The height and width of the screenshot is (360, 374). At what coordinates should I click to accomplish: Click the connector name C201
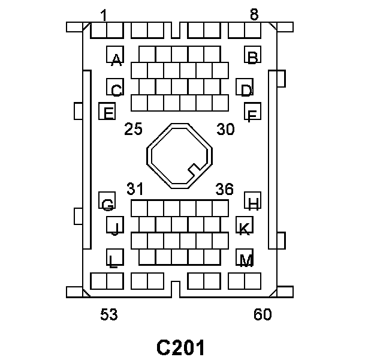pos(181,347)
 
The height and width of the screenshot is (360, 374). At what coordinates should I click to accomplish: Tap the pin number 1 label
pos(104,15)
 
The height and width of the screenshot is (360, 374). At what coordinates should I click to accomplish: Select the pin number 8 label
pos(254,15)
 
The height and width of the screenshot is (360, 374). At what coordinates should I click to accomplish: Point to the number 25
pos(133,129)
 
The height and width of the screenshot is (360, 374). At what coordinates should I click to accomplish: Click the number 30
pos(225,129)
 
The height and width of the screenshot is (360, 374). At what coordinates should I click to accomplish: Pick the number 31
pos(135,189)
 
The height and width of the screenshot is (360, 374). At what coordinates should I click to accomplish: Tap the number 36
pos(224,189)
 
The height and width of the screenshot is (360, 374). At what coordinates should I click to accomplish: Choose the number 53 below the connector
pos(109,314)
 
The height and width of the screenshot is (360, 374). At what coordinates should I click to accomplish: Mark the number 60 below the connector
pos(263,314)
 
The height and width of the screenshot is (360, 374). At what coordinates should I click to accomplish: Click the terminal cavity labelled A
pos(115,55)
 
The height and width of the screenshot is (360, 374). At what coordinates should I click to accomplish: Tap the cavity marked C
pos(115,88)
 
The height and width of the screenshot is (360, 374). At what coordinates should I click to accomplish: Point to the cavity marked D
pos(245,88)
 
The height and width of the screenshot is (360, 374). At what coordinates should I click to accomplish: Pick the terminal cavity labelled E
pos(107,111)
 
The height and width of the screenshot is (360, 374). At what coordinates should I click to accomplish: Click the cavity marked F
pos(252,112)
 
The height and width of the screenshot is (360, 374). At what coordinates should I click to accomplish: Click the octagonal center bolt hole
pos(180,155)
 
